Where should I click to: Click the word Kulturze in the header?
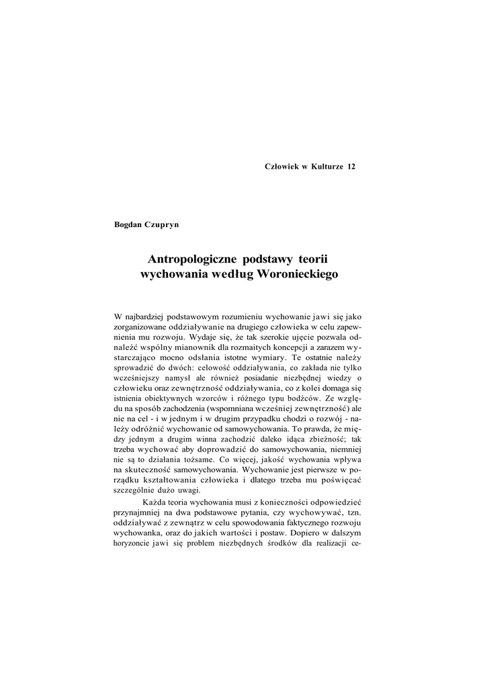coord(326,167)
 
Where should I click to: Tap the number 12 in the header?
coord(351,167)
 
